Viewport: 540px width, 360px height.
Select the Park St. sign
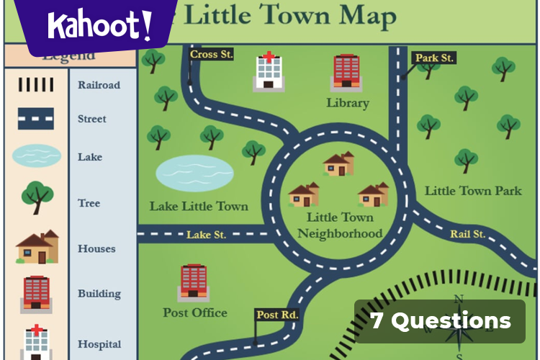click(x=434, y=58)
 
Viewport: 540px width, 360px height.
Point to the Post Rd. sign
click(x=277, y=315)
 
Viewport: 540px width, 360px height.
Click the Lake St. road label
click(x=207, y=235)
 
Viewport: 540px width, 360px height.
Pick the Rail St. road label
click(x=467, y=234)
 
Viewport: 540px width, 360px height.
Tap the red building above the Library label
click(x=346, y=72)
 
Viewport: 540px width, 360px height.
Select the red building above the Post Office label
click(x=193, y=282)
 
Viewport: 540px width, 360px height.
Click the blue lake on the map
click(x=195, y=173)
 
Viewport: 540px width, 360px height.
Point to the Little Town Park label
click(x=473, y=191)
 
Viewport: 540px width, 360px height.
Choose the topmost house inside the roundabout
click(x=338, y=164)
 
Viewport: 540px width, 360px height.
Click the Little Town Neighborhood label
click(x=340, y=225)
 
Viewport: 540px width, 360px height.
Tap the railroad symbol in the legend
click(x=35, y=84)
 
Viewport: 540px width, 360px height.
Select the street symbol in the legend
click(x=35, y=119)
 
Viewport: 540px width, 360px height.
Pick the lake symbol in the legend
click(x=36, y=156)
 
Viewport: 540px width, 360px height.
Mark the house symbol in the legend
click(x=37, y=248)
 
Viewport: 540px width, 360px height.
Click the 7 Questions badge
click(x=440, y=321)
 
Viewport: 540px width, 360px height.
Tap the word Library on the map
click(x=347, y=103)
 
